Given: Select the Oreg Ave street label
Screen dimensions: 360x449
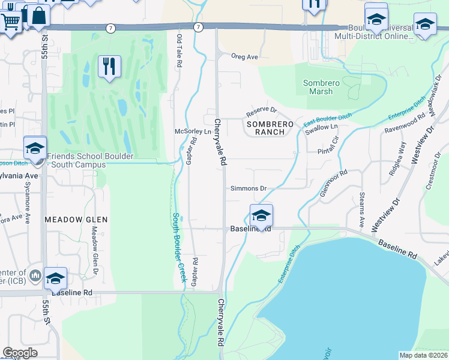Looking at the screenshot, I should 244,57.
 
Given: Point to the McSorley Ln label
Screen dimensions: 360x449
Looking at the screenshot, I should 193,131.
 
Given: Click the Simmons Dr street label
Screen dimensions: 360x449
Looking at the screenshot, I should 249,188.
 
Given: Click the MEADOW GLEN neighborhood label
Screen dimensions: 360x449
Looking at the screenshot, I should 76,220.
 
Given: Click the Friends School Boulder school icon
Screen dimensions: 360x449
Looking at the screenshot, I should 35,148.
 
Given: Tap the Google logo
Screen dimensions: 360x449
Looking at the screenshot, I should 20,353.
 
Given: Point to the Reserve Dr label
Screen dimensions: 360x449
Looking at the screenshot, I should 261,112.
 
